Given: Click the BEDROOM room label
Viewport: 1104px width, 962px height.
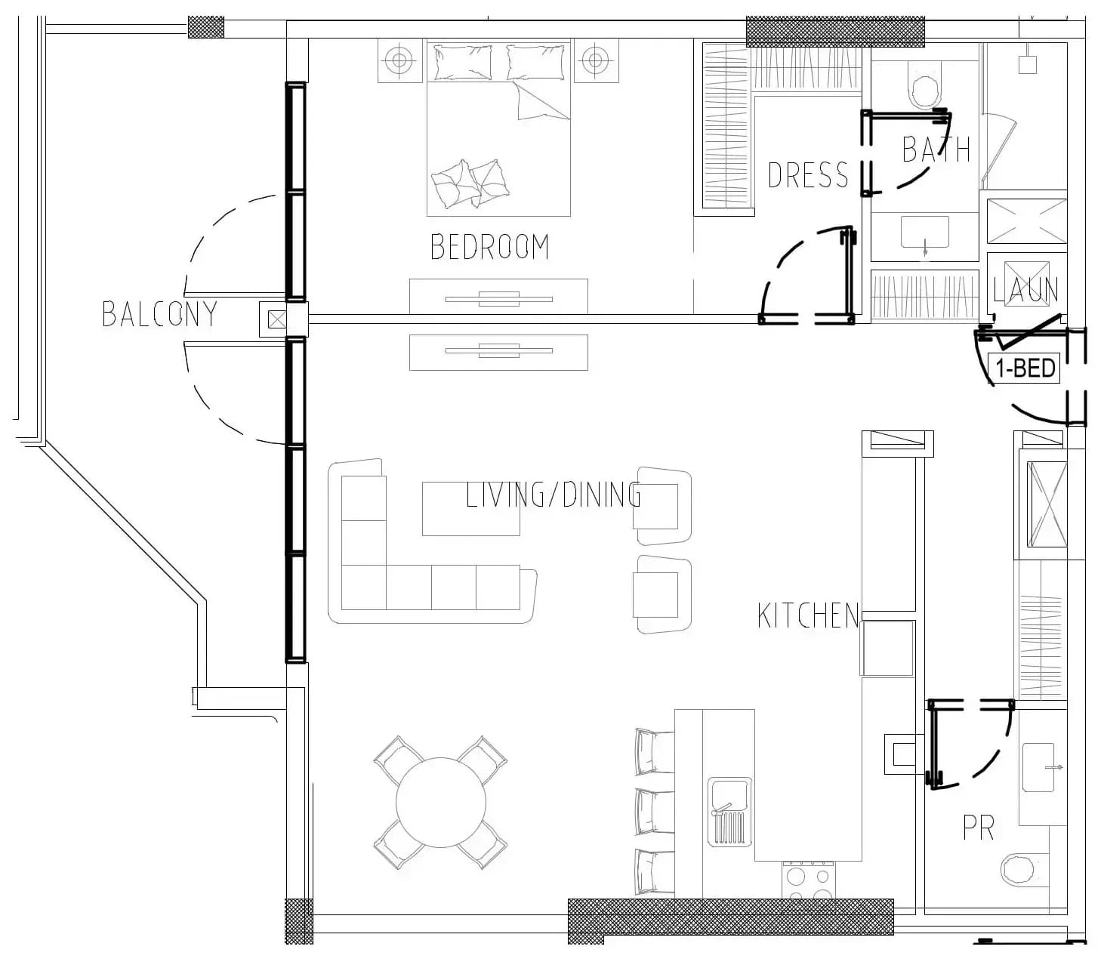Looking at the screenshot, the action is click(489, 247).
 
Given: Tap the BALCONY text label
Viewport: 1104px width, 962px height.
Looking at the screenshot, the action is click(160, 314).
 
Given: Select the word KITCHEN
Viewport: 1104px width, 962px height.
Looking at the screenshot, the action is click(808, 615).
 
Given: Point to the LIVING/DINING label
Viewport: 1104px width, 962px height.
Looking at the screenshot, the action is click(554, 495).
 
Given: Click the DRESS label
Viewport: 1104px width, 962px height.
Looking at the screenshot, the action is click(808, 175).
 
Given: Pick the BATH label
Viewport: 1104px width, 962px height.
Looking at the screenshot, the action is click(936, 150).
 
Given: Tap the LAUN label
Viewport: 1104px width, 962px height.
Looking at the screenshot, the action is click(1025, 290).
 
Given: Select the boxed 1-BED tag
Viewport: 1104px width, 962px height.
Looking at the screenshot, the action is click(1025, 368).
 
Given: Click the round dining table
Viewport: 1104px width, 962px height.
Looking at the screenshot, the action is click(441, 803).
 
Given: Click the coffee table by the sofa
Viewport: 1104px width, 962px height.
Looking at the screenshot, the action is click(470, 509).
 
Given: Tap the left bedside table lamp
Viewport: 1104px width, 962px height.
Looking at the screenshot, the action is click(399, 60).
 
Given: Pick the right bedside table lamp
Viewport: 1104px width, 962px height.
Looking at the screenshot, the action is click(596, 60).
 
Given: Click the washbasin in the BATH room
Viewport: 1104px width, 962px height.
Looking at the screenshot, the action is click(925, 233).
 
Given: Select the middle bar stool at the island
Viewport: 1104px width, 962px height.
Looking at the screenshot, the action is click(655, 811).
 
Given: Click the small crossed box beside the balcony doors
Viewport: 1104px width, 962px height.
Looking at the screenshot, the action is click(277, 319).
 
